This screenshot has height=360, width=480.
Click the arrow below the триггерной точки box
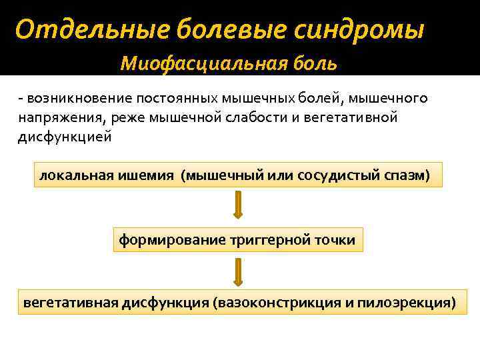(238, 271)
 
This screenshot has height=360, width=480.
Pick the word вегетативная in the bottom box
(71, 302)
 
